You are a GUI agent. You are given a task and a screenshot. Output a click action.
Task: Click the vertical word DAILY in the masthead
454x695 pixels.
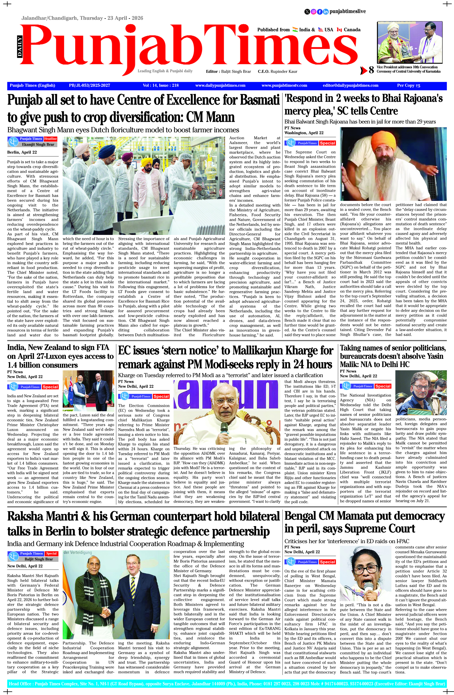[20, 46]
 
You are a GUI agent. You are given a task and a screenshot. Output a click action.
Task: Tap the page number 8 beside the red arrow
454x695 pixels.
[371, 70]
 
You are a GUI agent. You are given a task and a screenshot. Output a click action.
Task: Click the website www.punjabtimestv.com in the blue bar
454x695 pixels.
[284, 86]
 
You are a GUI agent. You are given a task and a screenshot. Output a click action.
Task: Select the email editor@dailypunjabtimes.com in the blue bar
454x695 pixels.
[350, 86]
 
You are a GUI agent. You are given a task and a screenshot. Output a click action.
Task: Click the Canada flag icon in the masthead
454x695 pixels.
[339, 30]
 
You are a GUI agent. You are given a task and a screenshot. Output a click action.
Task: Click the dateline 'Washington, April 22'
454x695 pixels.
[304, 133]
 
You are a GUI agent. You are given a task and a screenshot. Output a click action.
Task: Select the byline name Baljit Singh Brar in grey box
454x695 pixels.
[39, 559]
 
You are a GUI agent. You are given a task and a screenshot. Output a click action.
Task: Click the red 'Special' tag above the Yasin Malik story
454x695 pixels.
[382, 386]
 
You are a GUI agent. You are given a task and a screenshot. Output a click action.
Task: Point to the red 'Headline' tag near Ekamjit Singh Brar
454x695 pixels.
[50, 139]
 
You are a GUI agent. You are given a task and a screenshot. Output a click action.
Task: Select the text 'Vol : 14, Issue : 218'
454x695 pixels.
[160, 86]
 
